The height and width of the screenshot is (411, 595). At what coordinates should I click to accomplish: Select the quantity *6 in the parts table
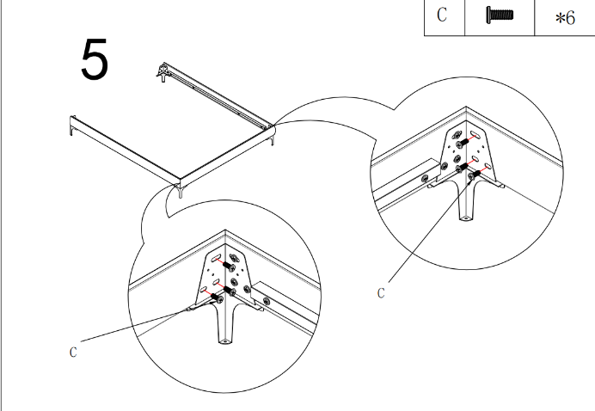(x=565, y=18)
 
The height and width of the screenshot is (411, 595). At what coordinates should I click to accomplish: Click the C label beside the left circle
(x=73, y=351)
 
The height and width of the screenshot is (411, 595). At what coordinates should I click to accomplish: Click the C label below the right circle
(x=381, y=292)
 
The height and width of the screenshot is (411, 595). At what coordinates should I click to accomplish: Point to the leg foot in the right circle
(x=466, y=219)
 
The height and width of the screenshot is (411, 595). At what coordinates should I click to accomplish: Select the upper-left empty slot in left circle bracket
(x=218, y=258)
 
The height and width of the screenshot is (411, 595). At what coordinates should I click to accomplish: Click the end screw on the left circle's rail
(x=267, y=301)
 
